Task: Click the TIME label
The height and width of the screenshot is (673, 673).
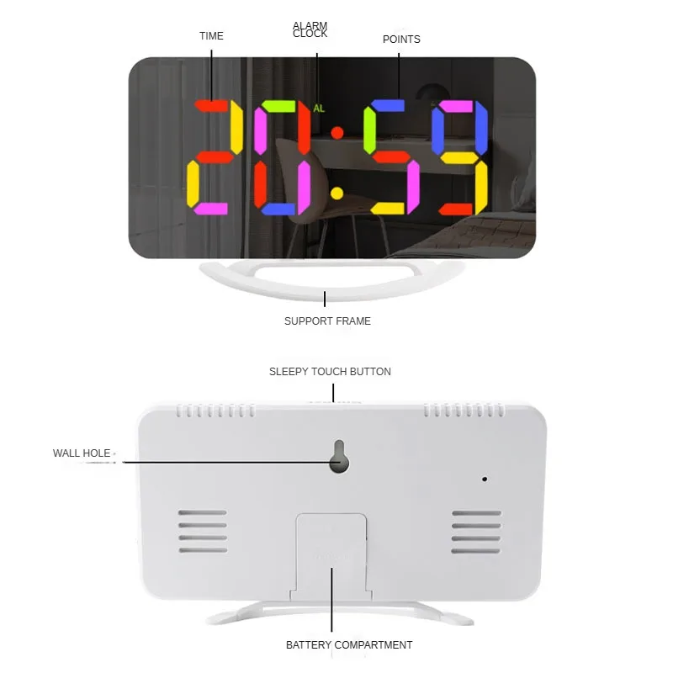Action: [x=211, y=36]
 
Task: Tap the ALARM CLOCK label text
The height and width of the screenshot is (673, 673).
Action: [x=310, y=29]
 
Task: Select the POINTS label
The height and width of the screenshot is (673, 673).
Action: [x=401, y=40]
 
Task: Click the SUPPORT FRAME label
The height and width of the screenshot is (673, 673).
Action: [x=327, y=321]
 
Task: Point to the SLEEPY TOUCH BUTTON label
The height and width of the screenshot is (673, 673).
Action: [x=330, y=372]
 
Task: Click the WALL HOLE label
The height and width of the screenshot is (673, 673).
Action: [x=82, y=453]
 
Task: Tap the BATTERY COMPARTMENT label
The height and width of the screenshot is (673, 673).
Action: [x=349, y=645]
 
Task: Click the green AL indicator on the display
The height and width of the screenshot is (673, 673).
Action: [x=319, y=109]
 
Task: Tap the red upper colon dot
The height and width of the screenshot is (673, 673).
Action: [x=337, y=133]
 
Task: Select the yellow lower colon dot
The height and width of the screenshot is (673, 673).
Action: [x=337, y=193]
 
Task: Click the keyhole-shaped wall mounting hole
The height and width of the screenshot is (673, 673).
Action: [x=339, y=457]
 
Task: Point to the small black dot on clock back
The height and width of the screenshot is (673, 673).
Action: [x=485, y=479]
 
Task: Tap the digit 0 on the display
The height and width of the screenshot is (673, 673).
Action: [x=282, y=157]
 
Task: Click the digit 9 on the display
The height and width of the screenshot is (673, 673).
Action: [x=459, y=157]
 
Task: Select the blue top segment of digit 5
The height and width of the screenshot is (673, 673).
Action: [x=388, y=106]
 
